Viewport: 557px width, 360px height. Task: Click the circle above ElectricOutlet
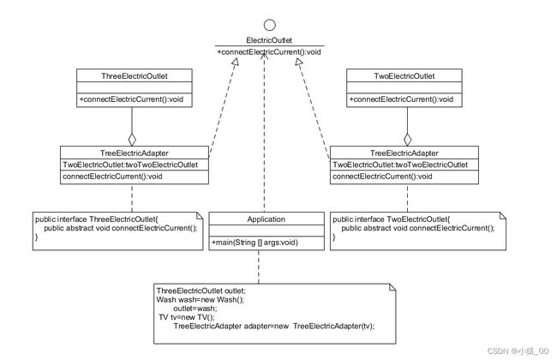coord(270,25)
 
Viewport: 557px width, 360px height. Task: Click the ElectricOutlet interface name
coord(269,40)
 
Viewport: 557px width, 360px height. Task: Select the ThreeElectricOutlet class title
coord(135,76)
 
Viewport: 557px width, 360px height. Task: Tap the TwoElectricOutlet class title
coord(404,76)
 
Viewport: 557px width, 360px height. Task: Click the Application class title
coord(266,219)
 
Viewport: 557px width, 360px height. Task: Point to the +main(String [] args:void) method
coord(255,243)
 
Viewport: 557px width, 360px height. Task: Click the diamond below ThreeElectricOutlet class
coord(132,140)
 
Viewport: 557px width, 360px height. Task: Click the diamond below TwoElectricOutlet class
coord(407,140)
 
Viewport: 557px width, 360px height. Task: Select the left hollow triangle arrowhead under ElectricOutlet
coord(235,62)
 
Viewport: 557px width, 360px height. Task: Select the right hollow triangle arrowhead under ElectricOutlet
coord(299,63)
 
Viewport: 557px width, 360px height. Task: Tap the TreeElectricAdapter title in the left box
coord(135,153)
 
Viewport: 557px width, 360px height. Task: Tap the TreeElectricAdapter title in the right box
coord(404,153)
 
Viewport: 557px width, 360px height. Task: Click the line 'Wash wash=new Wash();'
coord(201,300)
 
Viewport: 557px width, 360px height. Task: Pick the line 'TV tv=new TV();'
coord(187,317)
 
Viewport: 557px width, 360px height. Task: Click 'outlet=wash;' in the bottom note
coord(195,308)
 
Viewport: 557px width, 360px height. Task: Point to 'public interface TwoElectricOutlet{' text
coord(391,219)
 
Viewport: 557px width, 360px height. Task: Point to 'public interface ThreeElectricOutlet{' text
coord(96,219)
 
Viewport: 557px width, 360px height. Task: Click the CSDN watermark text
coord(518,351)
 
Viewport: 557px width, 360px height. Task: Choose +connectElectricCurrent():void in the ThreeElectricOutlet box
coord(131,99)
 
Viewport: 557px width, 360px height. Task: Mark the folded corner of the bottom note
coord(392,287)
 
